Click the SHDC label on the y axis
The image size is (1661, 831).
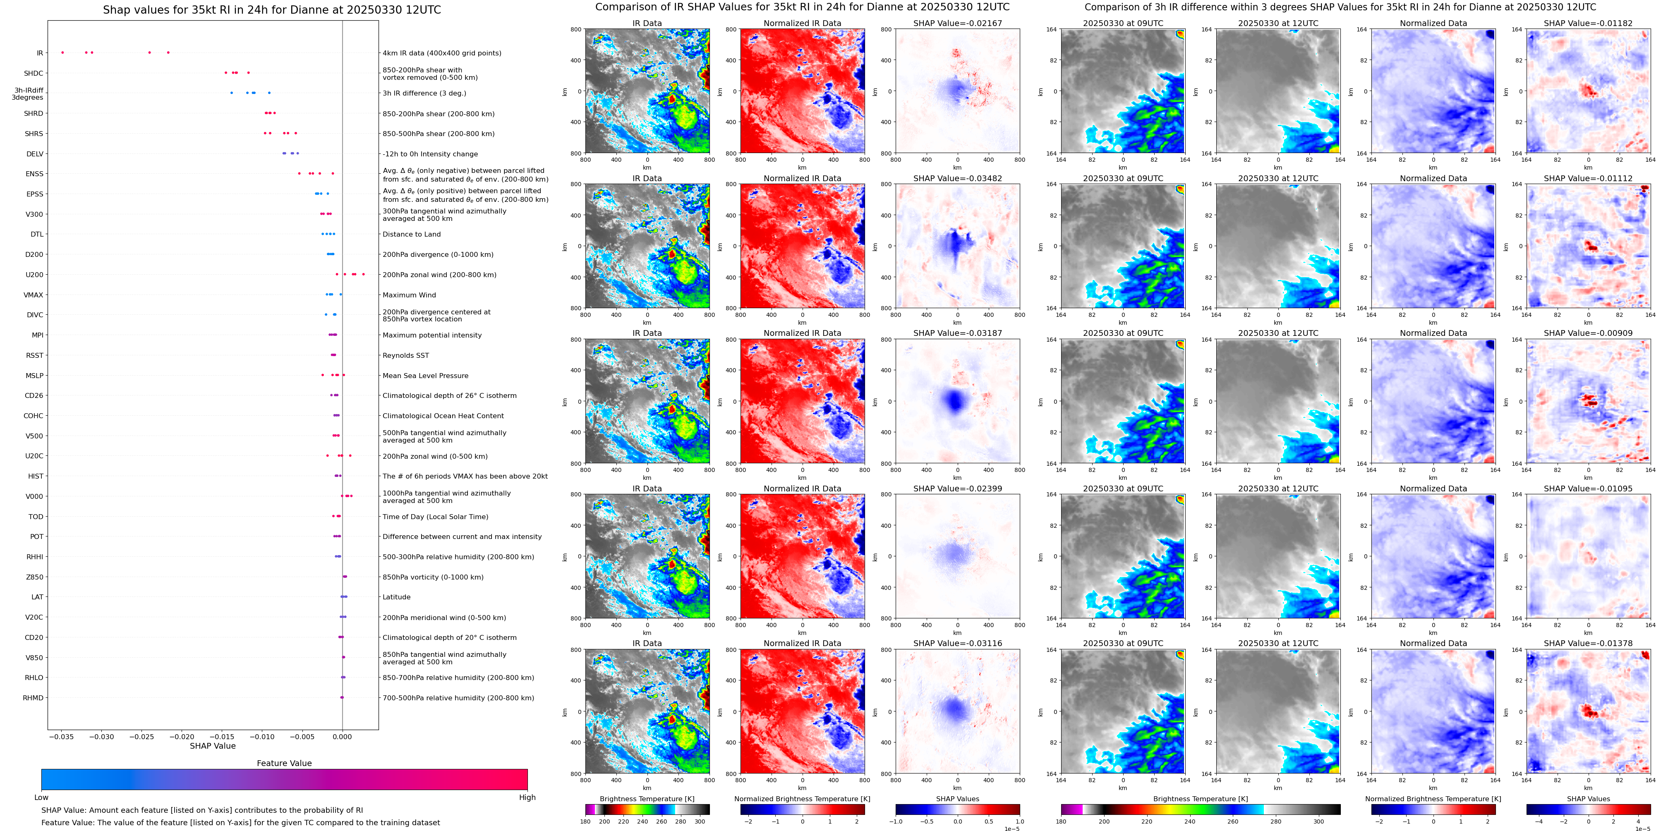pyautogui.click(x=34, y=74)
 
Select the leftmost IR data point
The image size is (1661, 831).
pyautogui.click(x=62, y=52)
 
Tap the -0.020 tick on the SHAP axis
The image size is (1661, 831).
pyautogui.click(x=182, y=736)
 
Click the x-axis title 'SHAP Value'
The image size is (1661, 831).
pyautogui.click(x=213, y=746)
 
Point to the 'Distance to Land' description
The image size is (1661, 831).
pyautogui.click(x=411, y=235)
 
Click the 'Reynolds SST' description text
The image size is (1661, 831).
pyautogui.click(x=405, y=356)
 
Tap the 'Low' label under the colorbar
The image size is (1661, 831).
pyautogui.click(x=41, y=797)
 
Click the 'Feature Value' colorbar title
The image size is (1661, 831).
pyautogui.click(x=284, y=763)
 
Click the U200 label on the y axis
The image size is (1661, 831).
pyautogui.click(x=34, y=275)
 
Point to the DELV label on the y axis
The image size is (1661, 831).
pyautogui.click(x=35, y=154)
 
